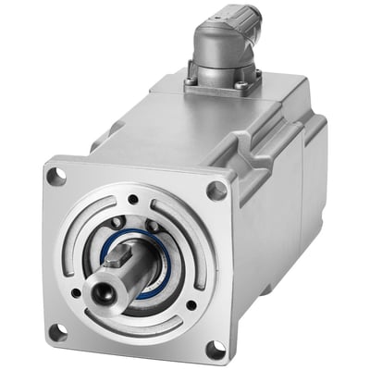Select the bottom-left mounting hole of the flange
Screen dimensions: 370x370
click(x=57, y=330)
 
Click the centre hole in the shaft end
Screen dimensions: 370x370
click(x=99, y=295)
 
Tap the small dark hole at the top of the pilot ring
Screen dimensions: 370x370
click(x=133, y=199)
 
